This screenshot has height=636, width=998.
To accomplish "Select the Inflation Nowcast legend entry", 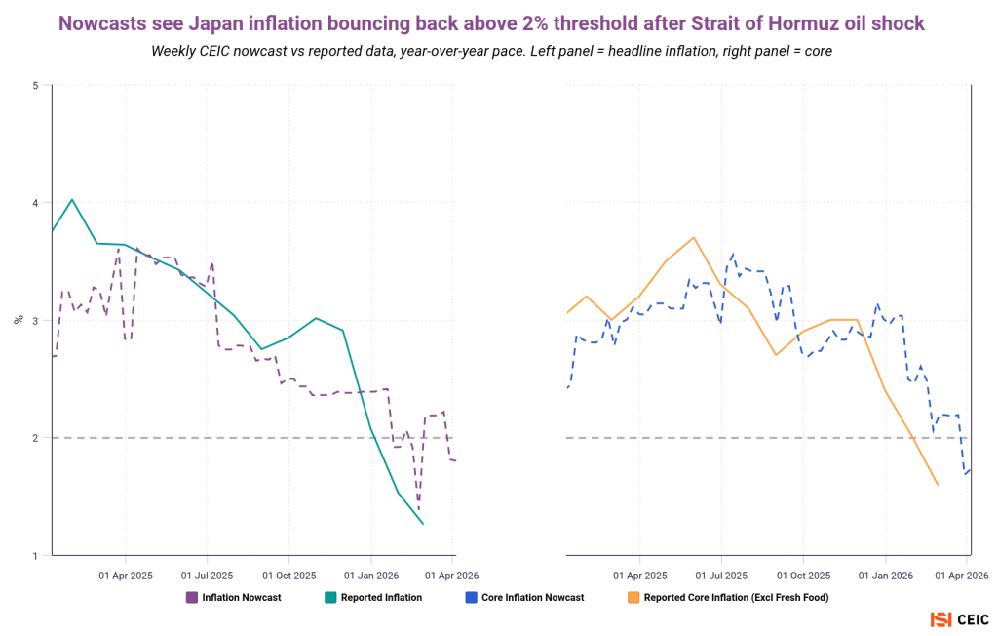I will click(x=234, y=597).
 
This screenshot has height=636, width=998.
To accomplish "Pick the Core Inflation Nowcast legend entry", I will click(x=525, y=597).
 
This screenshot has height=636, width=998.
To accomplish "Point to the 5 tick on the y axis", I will click(x=35, y=86).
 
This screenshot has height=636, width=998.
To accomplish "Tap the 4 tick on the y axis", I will click(x=35, y=203).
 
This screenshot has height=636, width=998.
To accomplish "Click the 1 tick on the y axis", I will click(x=35, y=556).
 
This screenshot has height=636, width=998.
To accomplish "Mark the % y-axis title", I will click(x=18, y=320).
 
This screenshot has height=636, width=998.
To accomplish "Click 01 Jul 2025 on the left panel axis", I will click(x=208, y=576).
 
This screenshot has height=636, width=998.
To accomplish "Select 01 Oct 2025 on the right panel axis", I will click(x=804, y=576).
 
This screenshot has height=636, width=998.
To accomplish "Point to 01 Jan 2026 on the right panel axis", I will click(x=886, y=576).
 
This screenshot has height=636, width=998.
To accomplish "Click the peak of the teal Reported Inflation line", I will click(x=72, y=199).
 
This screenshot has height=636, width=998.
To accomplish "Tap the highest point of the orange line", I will click(x=693, y=237).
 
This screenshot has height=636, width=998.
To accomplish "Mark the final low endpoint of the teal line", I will click(x=423, y=525).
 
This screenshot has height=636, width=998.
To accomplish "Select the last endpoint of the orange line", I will click(x=938, y=485).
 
